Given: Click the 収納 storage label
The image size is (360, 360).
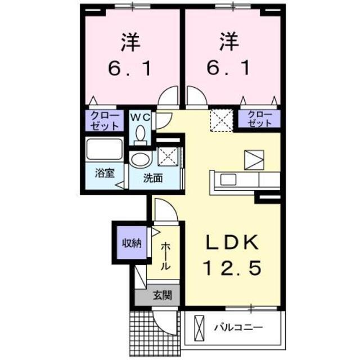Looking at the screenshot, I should coord(132,243).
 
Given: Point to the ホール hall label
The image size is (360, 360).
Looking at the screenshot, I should coord(166,256).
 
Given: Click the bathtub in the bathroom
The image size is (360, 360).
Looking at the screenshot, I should coord(104,150).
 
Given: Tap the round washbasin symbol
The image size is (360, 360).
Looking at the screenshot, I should coord(139,159).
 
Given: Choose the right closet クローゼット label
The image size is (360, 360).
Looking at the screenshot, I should coord(259,119).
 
